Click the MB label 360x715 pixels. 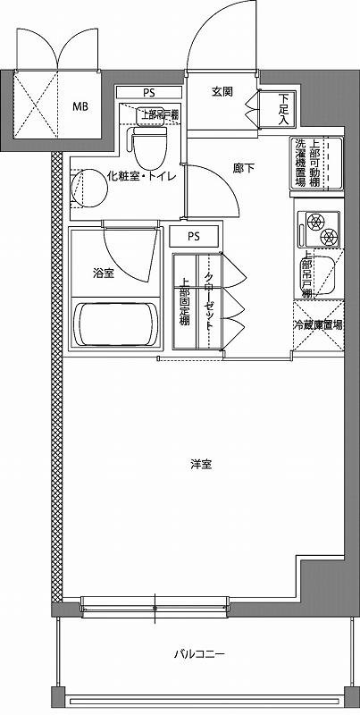pos(80,105)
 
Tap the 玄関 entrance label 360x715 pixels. pos(222,91)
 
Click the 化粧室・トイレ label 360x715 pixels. pos(140,176)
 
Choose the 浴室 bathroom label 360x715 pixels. pos(103,273)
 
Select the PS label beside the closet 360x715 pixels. pos(194,237)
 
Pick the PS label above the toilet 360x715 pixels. pos(148,92)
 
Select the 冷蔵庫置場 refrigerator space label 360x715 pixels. pos(318,326)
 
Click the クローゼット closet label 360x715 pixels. pos(208,302)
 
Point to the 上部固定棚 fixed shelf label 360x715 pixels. pos(185,302)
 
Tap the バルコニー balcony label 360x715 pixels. pos(199,654)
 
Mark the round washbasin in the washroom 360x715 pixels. pos(81,187)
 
